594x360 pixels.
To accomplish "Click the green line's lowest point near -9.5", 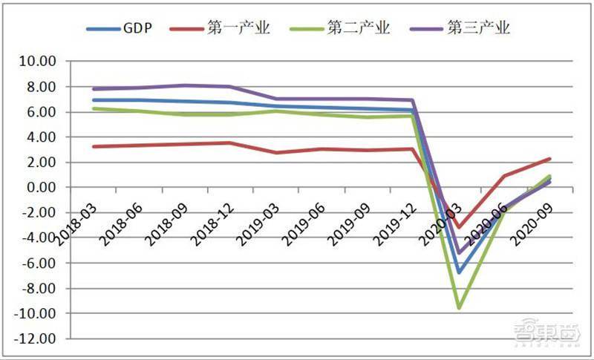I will pos(459,307).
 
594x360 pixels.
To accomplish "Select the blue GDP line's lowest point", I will pos(459,272).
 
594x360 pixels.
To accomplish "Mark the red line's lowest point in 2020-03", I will pos(459,228).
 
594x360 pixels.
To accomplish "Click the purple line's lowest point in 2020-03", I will pos(459,253).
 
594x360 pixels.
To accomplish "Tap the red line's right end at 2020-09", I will pos(550,158).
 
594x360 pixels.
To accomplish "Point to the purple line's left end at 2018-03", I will pos(94,89).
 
